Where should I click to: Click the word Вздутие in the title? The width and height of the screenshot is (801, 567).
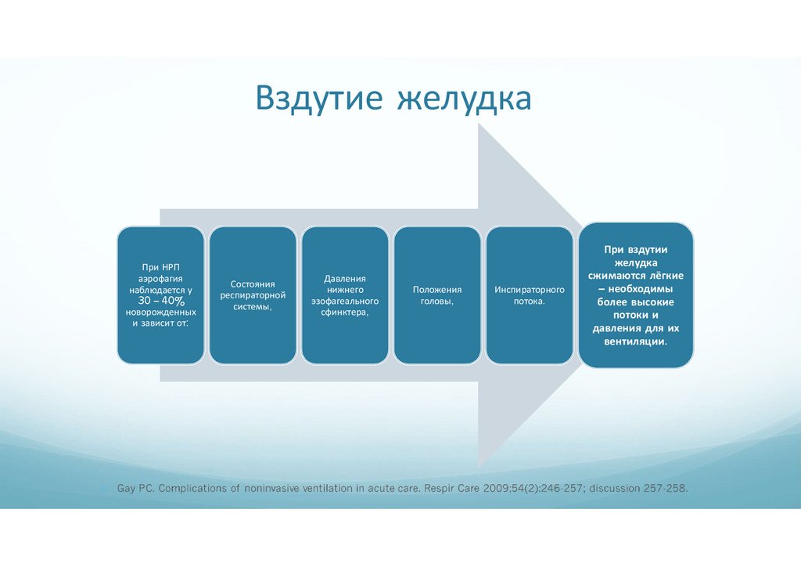(318, 99)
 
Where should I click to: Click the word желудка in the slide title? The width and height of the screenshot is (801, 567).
(465, 99)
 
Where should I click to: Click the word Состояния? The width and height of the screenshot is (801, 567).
(253, 283)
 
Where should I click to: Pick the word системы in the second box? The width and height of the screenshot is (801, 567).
(252, 306)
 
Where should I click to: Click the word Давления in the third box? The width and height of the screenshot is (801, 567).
(345, 278)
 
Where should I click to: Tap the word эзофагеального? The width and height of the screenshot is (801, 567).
(345, 301)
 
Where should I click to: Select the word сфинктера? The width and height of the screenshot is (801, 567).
(344, 312)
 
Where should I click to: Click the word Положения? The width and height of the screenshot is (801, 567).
(437, 289)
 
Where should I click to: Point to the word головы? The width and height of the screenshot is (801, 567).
(436, 301)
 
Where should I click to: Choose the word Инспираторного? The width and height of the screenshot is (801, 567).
(530, 289)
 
